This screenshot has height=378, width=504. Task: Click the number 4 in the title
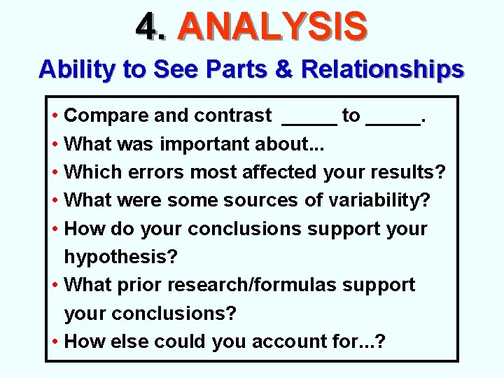pos(148,27)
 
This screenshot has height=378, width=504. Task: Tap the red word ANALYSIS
pos(272,27)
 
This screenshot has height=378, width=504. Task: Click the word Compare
pos(105,115)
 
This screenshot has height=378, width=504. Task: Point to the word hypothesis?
pos(120,257)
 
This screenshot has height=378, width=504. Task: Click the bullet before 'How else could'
pos(55,342)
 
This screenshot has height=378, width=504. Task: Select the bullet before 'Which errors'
pos(55,171)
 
